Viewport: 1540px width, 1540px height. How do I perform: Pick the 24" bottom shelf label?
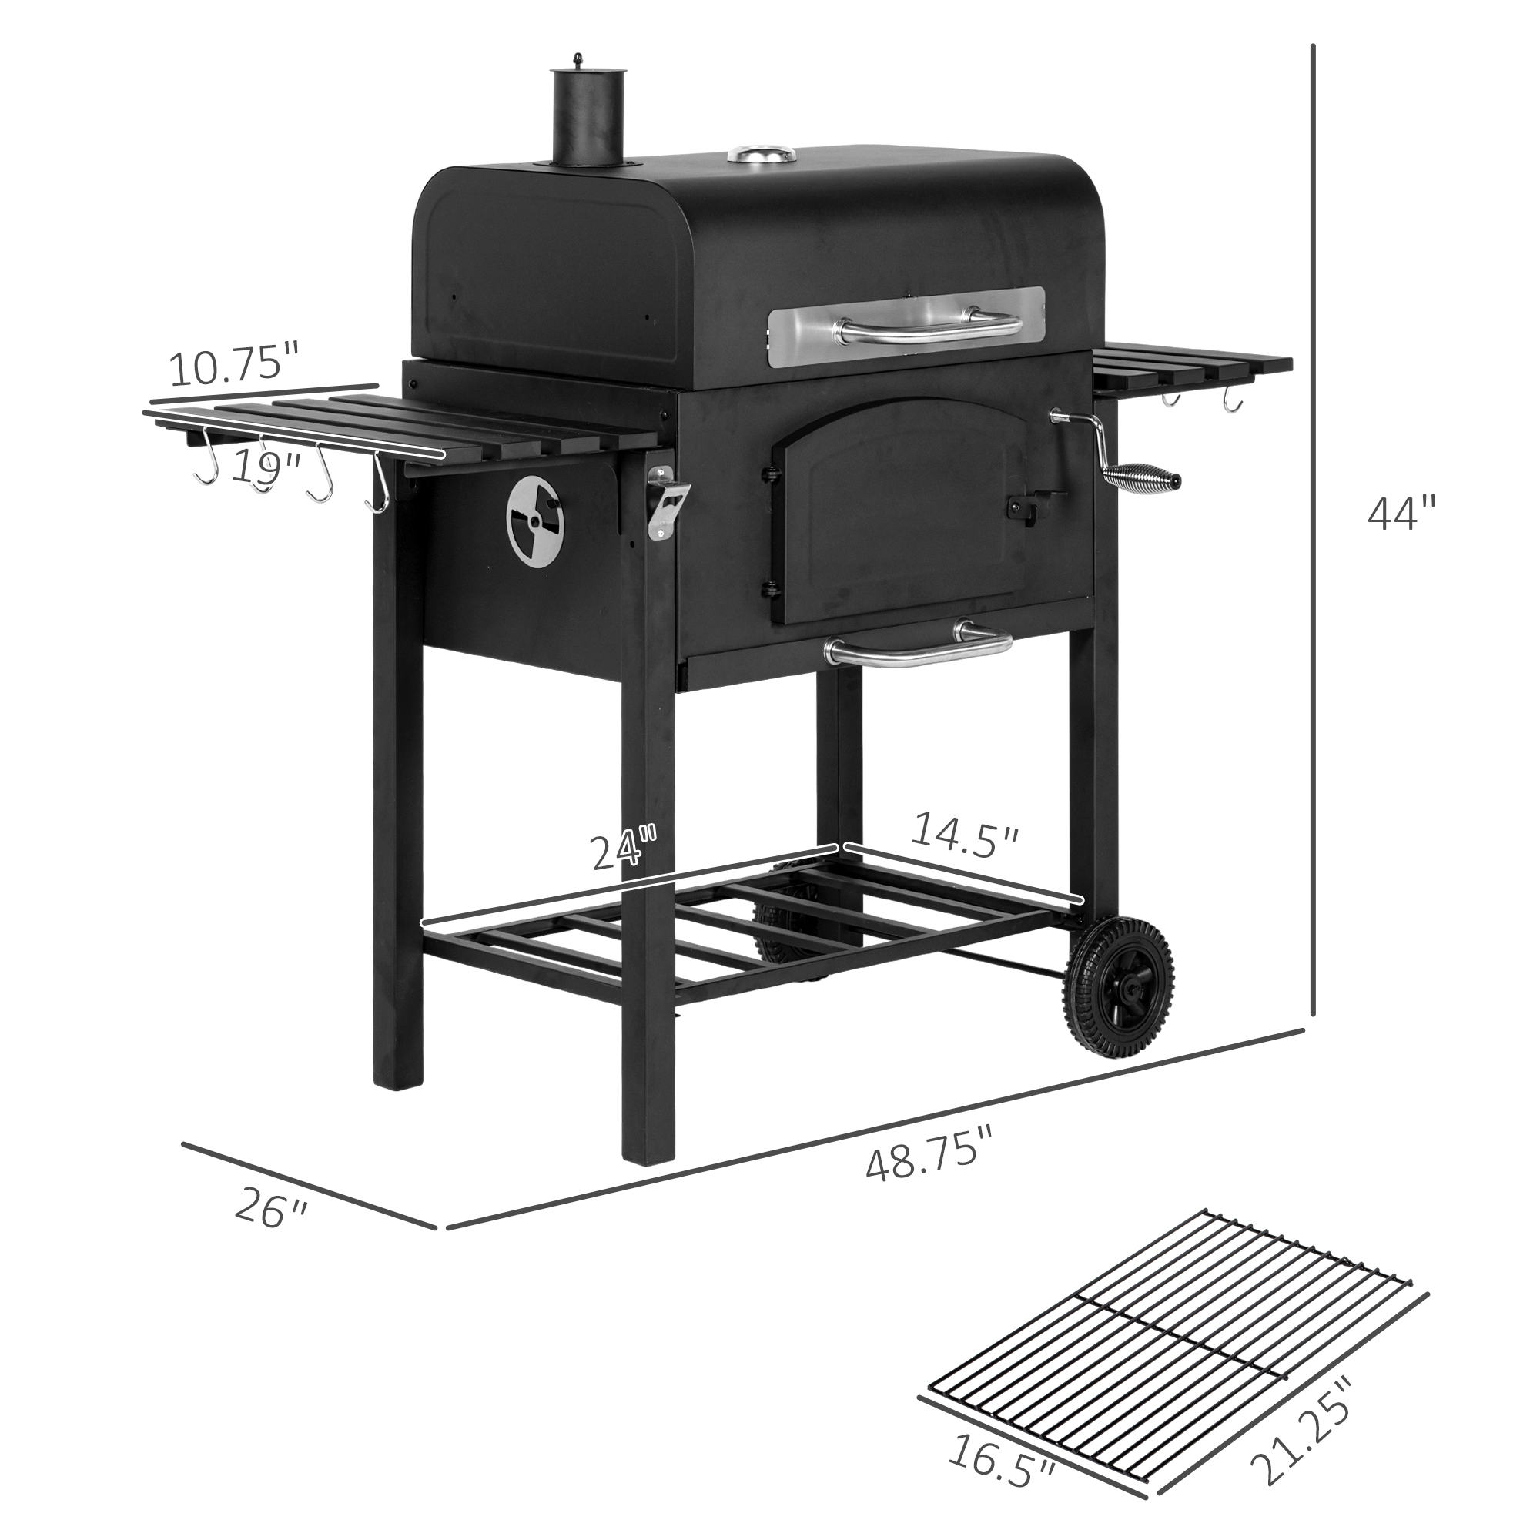click(x=625, y=848)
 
